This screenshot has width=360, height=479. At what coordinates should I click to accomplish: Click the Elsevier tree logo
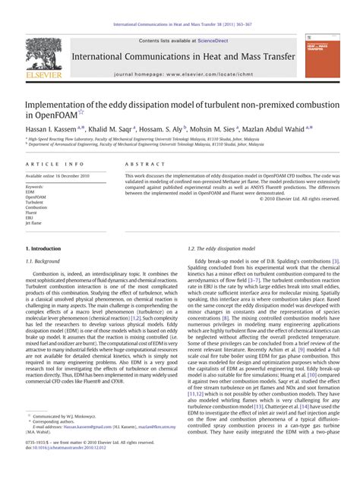coord(39,55)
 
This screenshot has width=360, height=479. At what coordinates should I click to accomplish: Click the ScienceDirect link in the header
coord(219,39)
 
